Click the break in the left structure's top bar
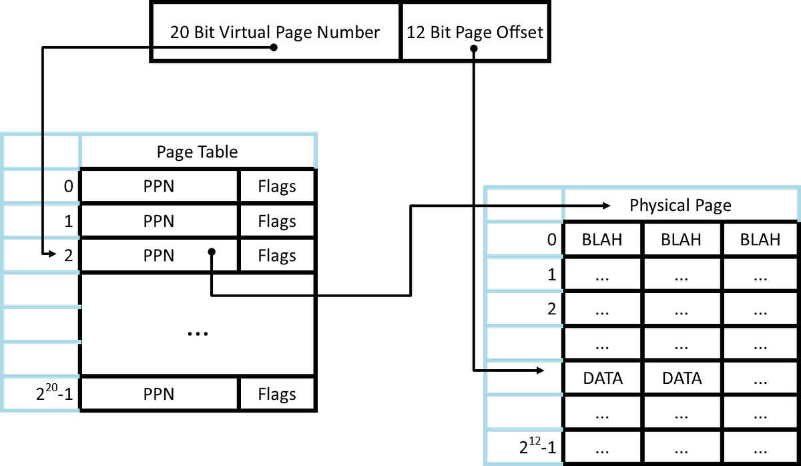43,134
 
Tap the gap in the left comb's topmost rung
43,168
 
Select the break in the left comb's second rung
43,203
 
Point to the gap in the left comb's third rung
43,237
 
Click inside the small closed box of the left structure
43,151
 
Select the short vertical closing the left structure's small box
80,150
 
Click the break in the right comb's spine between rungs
486,369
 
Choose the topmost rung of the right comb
525,222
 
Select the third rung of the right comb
525,291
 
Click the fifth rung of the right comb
525,361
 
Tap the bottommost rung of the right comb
525,462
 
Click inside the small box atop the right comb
525,204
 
